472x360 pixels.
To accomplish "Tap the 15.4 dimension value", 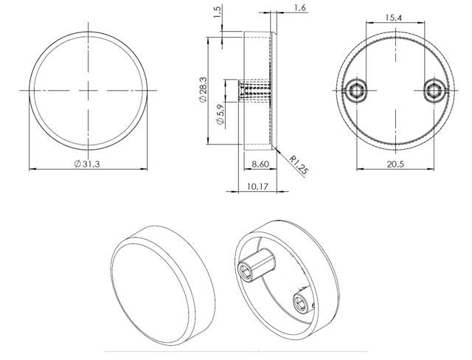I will click(394, 15).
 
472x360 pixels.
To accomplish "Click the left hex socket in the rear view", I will click(355, 91).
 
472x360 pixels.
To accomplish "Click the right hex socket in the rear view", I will click(434, 91).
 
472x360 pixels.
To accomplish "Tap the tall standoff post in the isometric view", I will click(257, 264).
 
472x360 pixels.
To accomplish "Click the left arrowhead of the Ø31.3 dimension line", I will click(32, 170).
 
